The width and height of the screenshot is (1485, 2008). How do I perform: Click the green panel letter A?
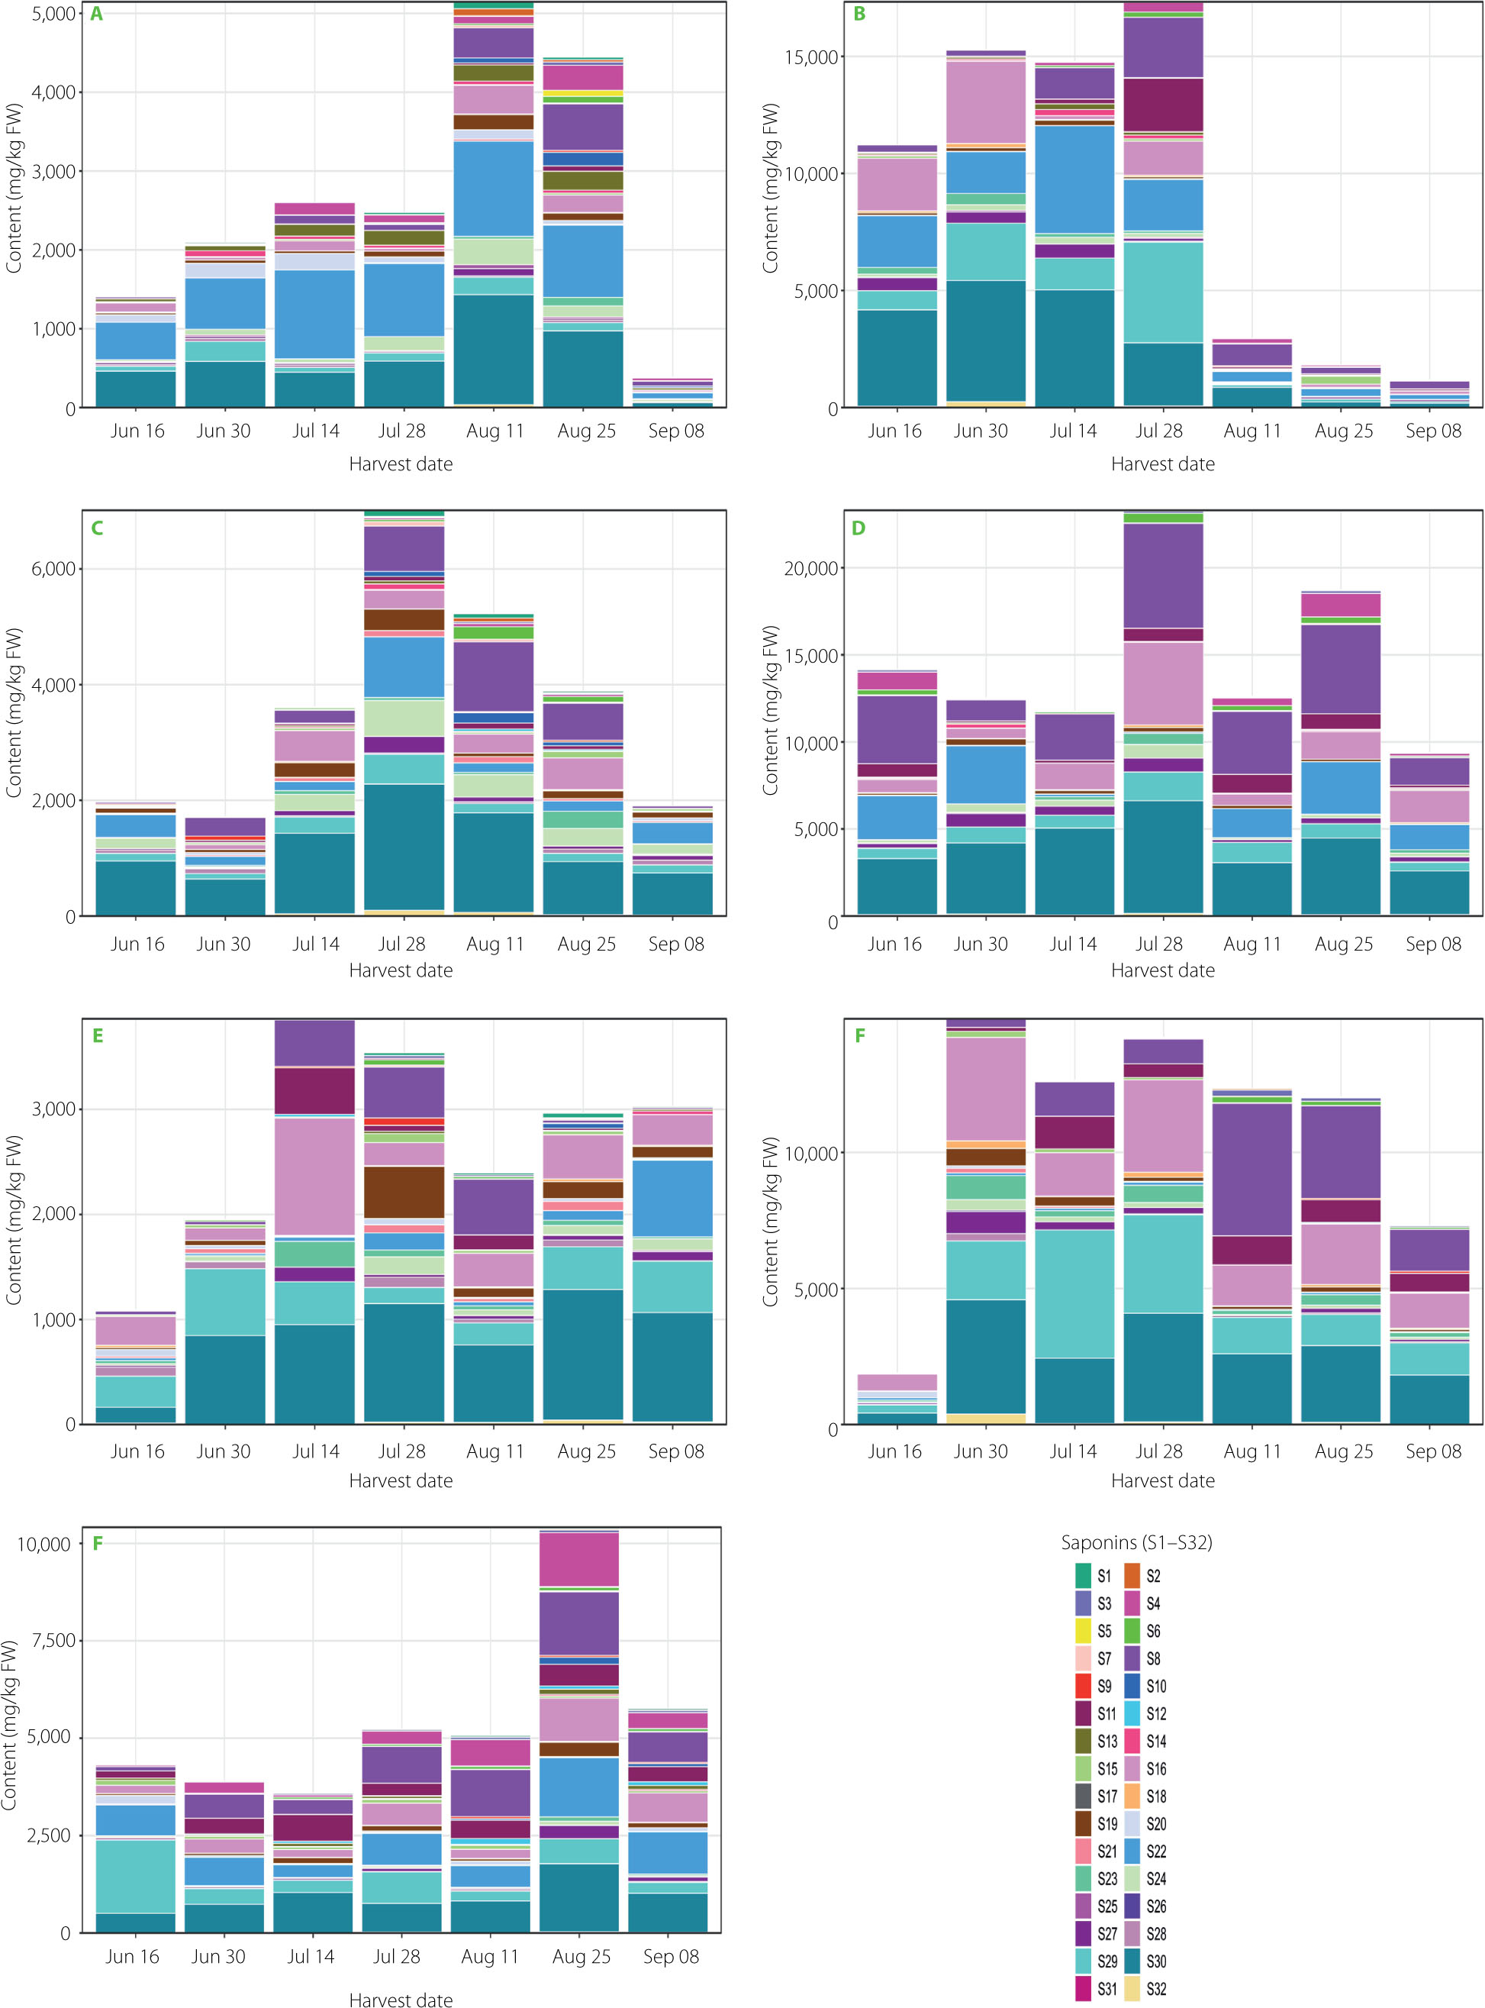(96, 15)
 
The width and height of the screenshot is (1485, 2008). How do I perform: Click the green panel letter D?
(858, 528)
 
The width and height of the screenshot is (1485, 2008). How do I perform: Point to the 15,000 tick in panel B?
(811, 57)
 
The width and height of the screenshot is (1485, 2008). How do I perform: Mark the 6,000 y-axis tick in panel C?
(53, 568)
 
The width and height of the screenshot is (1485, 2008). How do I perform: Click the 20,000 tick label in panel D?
(811, 568)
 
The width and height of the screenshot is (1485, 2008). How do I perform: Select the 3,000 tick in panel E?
(53, 1109)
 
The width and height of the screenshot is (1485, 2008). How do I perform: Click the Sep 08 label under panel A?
(676, 431)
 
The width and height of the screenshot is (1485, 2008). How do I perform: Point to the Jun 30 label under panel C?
(224, 943)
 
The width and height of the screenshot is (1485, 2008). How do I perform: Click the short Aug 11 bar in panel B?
(1252, 373)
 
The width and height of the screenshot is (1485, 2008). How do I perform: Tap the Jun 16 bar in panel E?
(136, 1367)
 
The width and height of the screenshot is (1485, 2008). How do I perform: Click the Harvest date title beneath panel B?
(1162, 464)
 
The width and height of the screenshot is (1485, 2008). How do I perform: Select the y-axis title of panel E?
(14, 1219)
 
